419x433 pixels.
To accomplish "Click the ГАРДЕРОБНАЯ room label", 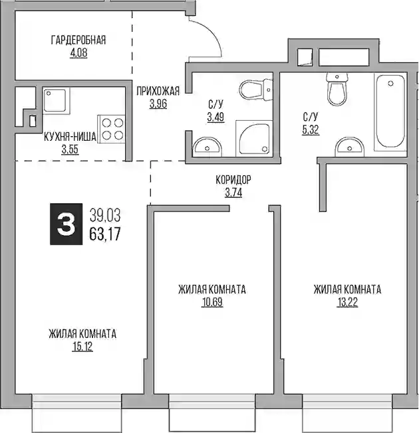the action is coord(78,40).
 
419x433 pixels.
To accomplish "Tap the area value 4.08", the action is coord(78,52).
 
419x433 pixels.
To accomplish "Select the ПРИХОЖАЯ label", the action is coord(158,91).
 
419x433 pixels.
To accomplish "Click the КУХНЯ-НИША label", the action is coord(70,137).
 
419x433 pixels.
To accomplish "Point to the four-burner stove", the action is coord(111,130).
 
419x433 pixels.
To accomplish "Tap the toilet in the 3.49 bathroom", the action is coord(256,90).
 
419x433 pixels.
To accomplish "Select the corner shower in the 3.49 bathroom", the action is coord(254,138).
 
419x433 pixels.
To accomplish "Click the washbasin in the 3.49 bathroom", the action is coord(207,146).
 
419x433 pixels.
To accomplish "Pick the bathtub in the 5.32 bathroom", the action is coord(390,112).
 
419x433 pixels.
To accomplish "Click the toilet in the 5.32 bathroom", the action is coord(337,88).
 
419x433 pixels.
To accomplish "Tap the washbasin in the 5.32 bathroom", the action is coord(350,147).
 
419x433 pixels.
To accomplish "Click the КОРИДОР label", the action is coord(233,180).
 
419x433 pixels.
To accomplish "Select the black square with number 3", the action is coord(66,224).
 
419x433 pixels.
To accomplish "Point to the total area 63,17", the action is coord(105,234).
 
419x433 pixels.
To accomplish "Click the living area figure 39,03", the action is coord(105,215).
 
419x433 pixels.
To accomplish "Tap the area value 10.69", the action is coord(212,302).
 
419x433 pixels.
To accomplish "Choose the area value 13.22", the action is coord(347,302).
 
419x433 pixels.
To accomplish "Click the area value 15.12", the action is coord(82,347).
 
